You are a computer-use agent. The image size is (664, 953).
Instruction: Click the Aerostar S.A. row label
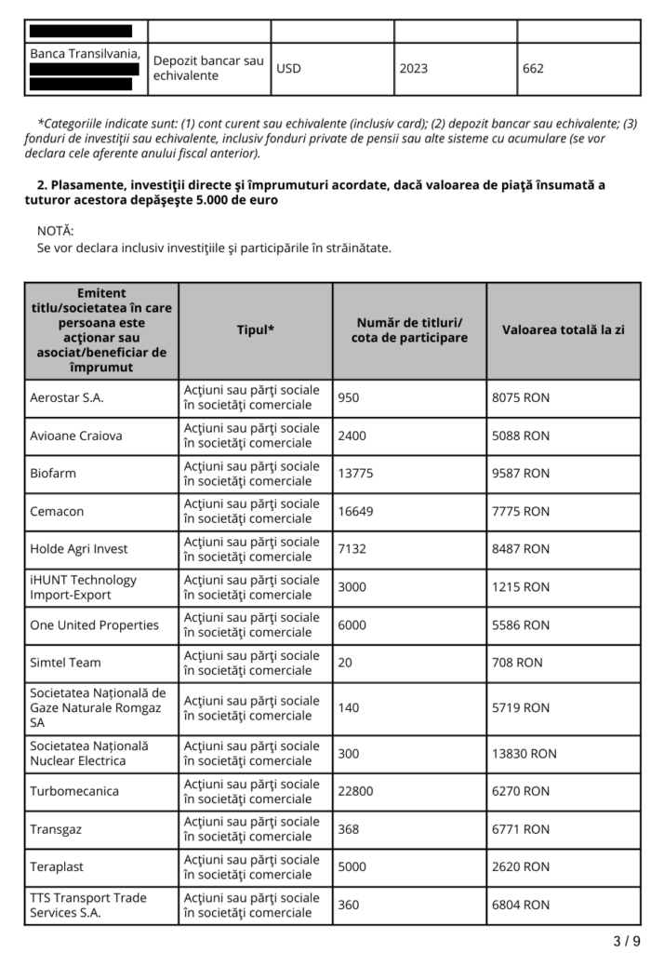(67, 397)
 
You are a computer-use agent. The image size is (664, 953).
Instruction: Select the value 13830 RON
(525, 753)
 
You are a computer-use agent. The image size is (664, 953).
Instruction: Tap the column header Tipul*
(256, 329)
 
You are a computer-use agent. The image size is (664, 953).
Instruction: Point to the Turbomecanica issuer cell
(74, 791)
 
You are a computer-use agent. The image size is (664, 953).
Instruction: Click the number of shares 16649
(355, 511)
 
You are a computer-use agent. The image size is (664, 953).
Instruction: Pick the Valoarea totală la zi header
(564, 329)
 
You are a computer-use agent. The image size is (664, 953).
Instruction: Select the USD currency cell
(289, 68)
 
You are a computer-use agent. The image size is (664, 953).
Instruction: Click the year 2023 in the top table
(415, 68)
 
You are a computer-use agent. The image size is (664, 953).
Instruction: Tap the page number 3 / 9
(626, 940)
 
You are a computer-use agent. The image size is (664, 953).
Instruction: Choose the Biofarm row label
(53, 473)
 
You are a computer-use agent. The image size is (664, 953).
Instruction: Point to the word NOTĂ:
(56, 230)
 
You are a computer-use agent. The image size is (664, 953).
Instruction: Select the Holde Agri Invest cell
(79, 549)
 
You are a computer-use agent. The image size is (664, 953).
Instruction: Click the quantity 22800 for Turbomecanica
(355, 791)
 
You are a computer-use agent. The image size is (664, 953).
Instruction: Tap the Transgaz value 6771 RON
(521, 829)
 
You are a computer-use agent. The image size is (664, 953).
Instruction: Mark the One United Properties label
(94, 624)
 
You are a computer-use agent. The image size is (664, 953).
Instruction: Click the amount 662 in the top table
(533, 68)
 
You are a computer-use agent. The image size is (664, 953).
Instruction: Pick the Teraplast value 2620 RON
(521, 866)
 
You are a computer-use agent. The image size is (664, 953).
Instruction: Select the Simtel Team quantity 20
(346, 663)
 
